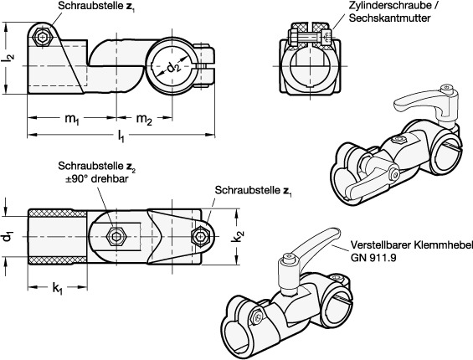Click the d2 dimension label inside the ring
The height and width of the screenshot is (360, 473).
pos(173,68)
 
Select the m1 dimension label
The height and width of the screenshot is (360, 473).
pos(72,119)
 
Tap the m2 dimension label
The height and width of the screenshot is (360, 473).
pos(144,119)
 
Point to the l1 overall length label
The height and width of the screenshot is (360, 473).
pos(121,136)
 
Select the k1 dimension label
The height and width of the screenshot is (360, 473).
pos(57,289)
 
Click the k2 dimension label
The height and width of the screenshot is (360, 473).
pos(239,236)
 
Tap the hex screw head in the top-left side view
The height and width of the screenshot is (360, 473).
pos(42,38)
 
